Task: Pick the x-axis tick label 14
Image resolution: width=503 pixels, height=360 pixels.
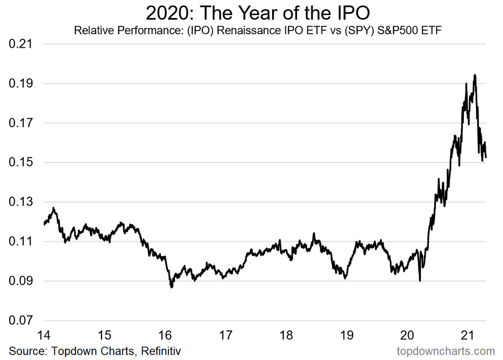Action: [x=44, y=334]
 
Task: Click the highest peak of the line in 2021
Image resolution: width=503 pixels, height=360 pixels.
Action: [x=475, y=75]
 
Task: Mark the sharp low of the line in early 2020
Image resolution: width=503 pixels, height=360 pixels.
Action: [x=420, y=281]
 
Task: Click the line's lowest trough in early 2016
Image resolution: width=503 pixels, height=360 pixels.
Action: [x=172, y=287]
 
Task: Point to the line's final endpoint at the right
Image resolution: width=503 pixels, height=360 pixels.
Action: [x=486, y=157]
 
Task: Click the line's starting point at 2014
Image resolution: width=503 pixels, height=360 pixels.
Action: [x=44, y=225]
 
